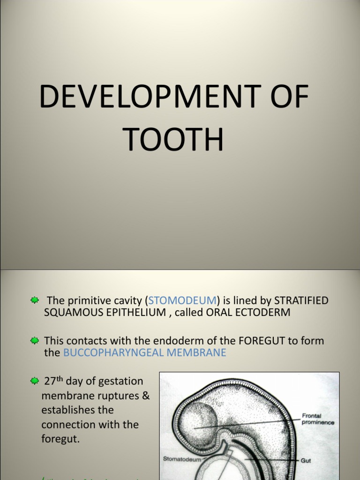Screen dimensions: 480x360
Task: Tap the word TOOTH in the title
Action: click(173, 140)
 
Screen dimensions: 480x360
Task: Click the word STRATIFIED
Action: click(301, 300)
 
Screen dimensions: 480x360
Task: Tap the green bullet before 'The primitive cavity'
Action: click(35, 300)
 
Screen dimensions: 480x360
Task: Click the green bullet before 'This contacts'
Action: click(35, 341)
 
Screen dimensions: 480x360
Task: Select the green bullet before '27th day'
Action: click(35, 382)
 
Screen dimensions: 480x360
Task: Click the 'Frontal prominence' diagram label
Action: click(318, 419)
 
